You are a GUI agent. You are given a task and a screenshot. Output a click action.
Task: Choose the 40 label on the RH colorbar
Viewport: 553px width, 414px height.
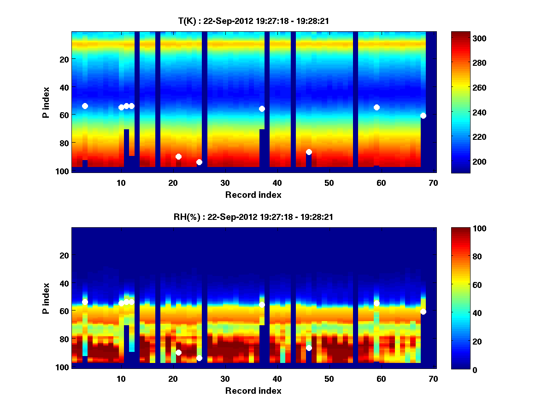(x=462, y=313)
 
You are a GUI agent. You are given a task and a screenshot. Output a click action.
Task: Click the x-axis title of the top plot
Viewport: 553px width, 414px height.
(x=253, y=195)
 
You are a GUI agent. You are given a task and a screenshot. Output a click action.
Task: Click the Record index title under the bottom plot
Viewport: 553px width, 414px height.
(x=253, y=391)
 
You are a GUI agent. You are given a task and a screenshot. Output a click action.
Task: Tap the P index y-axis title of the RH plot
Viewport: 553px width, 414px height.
(x=46, y=298)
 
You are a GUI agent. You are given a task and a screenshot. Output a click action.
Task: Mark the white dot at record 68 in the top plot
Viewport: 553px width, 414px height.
(x=423, y=115)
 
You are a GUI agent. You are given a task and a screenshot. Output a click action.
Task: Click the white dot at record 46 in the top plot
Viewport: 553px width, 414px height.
(x=309, y=152)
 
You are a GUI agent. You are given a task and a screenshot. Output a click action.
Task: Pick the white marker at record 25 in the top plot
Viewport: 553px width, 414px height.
(x=199, y=162)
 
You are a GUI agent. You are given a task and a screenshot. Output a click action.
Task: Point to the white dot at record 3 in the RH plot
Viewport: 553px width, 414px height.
(x=85, y=302)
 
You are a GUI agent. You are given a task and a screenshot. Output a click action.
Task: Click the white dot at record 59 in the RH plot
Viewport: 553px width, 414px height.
(x=377, y=303)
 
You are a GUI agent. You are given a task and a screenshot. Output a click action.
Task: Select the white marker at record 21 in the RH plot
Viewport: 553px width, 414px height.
(x=178, y=352)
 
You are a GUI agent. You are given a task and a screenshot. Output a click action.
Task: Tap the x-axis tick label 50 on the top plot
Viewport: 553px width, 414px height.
(x=329, y=183)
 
